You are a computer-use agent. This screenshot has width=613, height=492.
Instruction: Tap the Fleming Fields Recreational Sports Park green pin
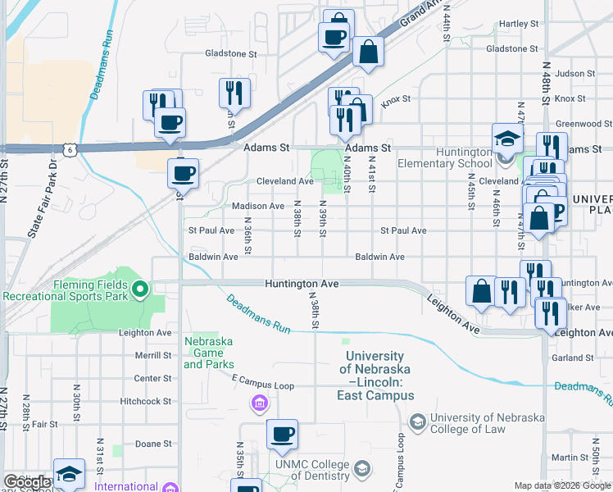(x=140, y=288)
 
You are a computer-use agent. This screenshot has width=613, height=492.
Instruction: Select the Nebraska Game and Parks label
(x=208, y=353)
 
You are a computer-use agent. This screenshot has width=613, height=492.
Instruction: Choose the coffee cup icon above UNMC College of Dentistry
(x=282, y=434)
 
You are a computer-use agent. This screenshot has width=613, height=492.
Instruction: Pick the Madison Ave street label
(x=258, y=206)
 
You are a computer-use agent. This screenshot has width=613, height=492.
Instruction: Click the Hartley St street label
(x=518, y=24)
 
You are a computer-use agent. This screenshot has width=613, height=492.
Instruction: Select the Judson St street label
(x=574, y=73)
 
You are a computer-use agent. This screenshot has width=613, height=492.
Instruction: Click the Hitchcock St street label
(x=145, y=401)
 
